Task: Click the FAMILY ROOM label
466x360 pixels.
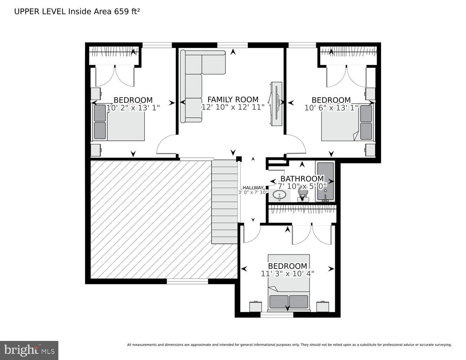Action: (x=233, y=99)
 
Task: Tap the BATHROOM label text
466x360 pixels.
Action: (x=302, y=179)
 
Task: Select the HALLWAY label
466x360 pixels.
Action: (x=253, y=188)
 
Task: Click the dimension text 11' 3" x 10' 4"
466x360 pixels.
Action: (x=287, y=274)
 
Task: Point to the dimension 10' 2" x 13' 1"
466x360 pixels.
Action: (x=133, y=107)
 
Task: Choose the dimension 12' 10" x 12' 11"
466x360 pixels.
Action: (x=233, y=107)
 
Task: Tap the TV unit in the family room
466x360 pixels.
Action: (x=276, y=104)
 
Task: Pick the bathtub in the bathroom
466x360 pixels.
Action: (x=325, y=182)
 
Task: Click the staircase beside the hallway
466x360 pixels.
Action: (x=224, y=202)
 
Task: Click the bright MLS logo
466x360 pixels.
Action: (x=29, y=350)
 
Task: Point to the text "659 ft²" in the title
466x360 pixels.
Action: (x=127, y=12)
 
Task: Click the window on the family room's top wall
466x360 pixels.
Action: (x=232, y=45)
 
